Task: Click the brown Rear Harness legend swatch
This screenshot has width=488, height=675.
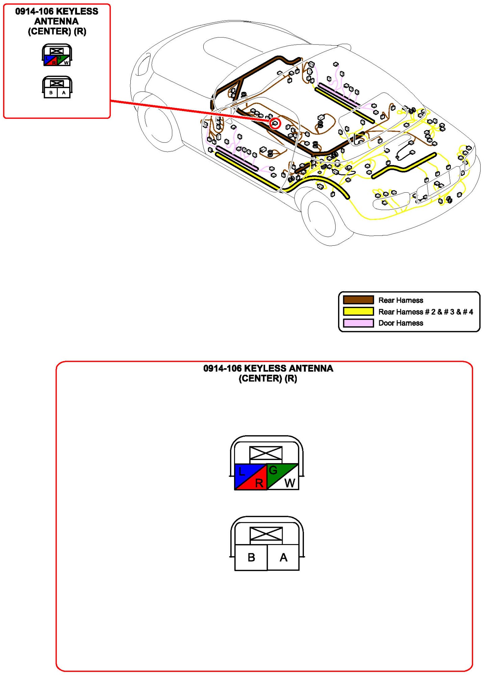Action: pos(358,300)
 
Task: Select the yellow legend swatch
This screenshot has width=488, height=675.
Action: pos(358,311)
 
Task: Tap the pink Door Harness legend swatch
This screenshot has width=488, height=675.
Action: pos(358,323)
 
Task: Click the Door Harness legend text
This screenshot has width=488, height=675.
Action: pos(401,323)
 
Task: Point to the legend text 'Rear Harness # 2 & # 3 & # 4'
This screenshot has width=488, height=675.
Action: pos(426,312)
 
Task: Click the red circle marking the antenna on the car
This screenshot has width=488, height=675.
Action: pos(275,123)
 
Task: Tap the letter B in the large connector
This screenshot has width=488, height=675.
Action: pos(251,557)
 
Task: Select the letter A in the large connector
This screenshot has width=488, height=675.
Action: pos(283,557)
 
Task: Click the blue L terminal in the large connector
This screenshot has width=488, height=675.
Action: pos(242,472)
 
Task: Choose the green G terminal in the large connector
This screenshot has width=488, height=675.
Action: pos(274,470)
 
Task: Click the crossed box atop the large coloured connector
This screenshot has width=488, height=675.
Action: pos(266,453)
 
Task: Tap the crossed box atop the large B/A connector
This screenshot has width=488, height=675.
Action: pos(266,534)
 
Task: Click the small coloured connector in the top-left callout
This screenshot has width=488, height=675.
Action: pos(57,55)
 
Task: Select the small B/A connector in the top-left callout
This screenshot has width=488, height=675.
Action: pos(57,87)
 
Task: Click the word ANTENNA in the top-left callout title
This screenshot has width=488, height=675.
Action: pos(56,21)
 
